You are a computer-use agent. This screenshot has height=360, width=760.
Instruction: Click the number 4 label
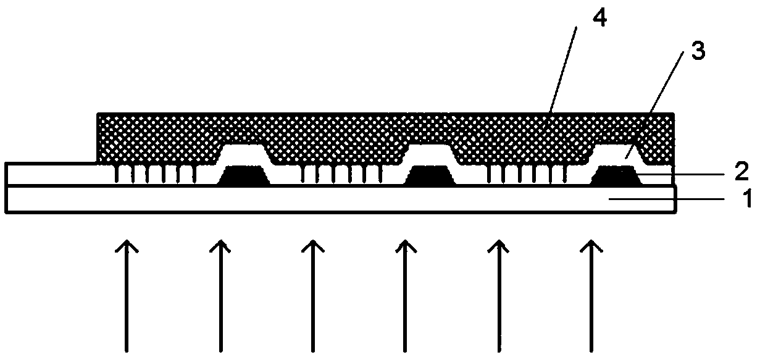point(598,19)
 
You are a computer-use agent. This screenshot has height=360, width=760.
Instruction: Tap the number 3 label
point(698,52)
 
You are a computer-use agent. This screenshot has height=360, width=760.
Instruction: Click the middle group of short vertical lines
point(340,175)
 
